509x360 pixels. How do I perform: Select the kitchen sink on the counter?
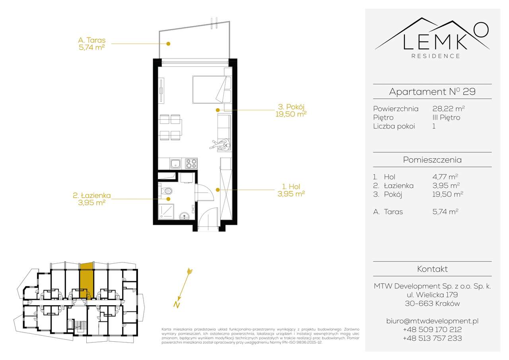[175, 163]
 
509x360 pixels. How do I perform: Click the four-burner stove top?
[191, 163]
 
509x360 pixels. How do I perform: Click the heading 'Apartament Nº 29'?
[432, 91]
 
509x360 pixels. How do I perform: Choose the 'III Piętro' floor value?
[446, 117]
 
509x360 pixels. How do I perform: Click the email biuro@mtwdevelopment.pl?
[432, 321]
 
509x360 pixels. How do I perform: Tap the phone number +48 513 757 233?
[432, 338]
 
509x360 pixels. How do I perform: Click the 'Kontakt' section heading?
[432, 269]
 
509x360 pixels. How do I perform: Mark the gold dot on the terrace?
[169, 43]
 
